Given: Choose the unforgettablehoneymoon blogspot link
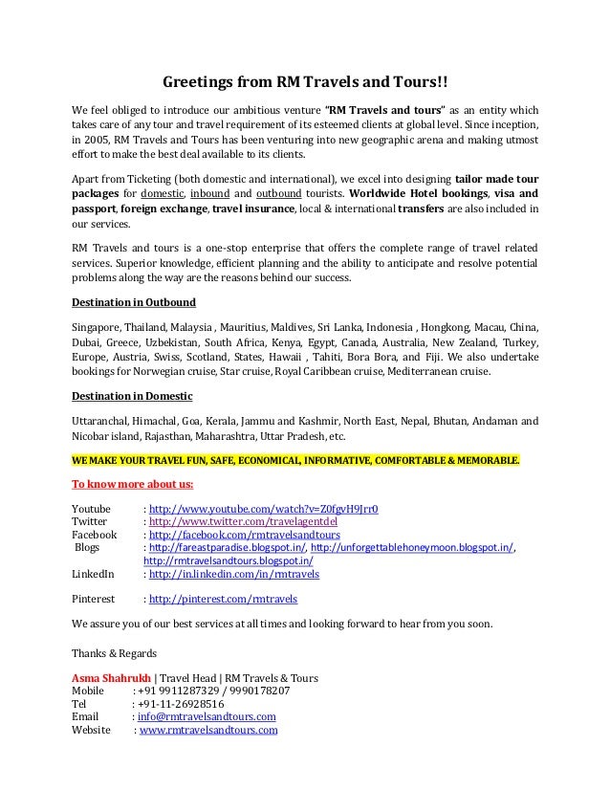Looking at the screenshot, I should coord(412,548).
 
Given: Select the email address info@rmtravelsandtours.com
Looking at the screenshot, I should coord(207,716).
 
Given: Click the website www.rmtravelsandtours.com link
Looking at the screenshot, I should coord(208,730).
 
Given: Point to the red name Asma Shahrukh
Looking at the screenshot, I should coord(111,678).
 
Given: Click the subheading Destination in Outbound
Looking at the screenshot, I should coord(134,303).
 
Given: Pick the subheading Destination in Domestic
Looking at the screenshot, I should coord(132,396).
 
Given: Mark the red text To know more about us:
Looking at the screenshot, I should coord(133,482).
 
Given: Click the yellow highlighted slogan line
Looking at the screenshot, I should coord(296,460).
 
